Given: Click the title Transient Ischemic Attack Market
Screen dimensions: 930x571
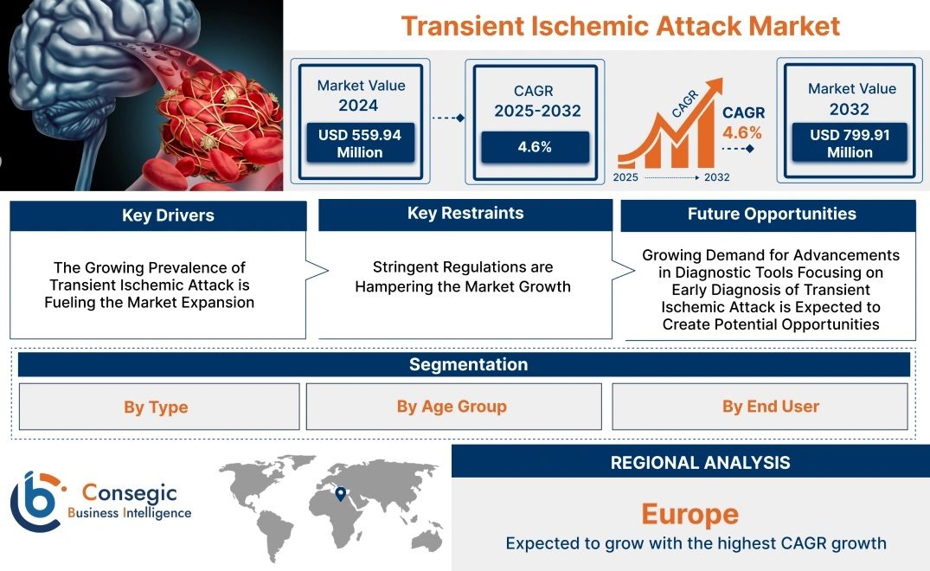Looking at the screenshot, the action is [620, 26].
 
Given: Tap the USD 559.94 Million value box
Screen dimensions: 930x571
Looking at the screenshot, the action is [360, 143].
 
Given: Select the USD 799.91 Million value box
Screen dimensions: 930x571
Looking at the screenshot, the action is [850, 142].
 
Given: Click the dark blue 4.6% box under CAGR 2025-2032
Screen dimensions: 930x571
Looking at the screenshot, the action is [535, 147].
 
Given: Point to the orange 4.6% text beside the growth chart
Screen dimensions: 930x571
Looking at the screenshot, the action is [742, 132].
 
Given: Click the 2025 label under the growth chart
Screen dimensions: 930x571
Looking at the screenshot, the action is [625, 177].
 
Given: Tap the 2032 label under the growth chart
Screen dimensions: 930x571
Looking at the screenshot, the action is [716, 177].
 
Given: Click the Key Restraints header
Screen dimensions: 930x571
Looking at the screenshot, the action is [465, 214].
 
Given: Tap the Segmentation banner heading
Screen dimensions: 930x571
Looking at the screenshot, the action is [469, 364].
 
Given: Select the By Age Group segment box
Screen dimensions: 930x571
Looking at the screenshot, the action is [453, 406].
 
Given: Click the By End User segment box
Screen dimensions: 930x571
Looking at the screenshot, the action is [760, 406].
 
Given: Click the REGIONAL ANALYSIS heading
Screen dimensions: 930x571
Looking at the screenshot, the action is [701, 463].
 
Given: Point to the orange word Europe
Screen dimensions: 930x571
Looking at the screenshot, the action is [689, 514].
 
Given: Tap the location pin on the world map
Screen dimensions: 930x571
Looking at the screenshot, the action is [341, 494].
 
